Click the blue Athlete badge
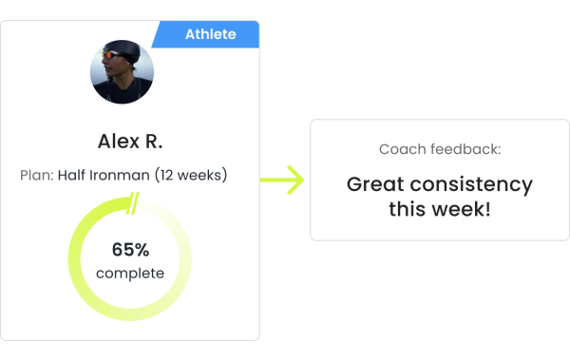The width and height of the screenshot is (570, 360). pyautogui.click(x=209, y=35)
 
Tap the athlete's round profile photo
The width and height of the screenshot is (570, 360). pyautogui.click(x=122, y=71)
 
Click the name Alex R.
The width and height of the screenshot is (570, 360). pyautogui.click(x=130, y=142)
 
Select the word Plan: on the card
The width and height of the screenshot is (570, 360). pyautogui.click(x=36, y=176)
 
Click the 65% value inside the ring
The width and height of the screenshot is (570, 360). pyautogui.click(x=130, y=250)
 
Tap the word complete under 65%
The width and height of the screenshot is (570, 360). pyautogui.click(x=130, y=274)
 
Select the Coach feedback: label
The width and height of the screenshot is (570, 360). pyautogui.click(x=439, y=149)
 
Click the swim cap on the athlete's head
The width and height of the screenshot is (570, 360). pyautogui.click(x=126, y=47)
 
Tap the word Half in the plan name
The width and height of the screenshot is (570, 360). pyautogui.click(x=73, y=176)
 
